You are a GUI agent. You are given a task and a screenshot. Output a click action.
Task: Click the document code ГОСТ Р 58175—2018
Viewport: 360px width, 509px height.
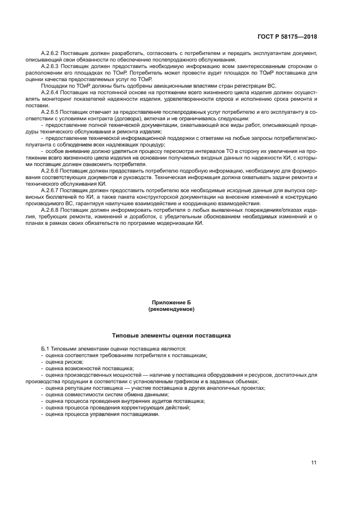click(287, 36)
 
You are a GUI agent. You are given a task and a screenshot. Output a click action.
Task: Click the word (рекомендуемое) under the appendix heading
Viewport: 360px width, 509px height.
click(172, 309)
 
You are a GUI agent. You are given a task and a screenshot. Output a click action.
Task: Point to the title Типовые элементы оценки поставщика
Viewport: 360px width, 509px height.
click(172, 335)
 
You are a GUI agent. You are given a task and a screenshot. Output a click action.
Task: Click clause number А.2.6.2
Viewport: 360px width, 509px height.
click(52, 54)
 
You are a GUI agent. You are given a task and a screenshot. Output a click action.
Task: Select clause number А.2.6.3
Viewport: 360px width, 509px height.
click(52, 65)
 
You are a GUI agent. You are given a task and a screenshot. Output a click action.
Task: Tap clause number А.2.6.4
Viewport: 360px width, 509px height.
click(52, 92)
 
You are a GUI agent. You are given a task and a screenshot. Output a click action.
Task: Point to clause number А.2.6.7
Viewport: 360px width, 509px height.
click(52, 192)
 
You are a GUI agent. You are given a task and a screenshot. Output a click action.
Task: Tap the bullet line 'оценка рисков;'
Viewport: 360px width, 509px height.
click(60, 361)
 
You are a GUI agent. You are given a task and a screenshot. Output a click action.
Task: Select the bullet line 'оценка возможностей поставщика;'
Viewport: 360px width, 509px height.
click(82, 369)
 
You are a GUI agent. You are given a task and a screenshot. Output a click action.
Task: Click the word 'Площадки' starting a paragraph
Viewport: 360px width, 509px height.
click(52, 87)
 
